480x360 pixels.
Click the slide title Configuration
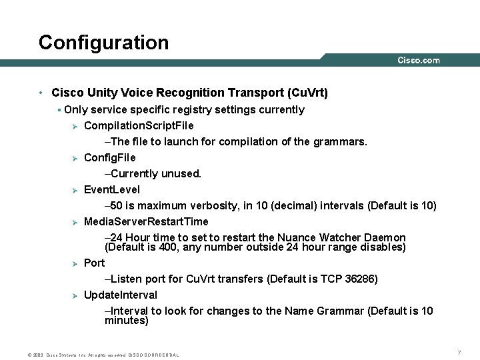tap(103, 43)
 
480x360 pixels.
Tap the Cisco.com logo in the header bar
tap(419, 60)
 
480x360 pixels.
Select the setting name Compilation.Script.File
tap(139, 125)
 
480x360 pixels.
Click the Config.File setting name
tap(109, 157)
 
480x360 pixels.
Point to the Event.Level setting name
tap(112, 189)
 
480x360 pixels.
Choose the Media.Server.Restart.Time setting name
tap(146, 221)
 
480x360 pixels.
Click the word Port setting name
tap(94, 263)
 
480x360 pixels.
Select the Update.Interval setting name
tap(121, 295)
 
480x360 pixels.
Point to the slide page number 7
tap(459, 352)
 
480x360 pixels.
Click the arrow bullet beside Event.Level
tap(75, 190)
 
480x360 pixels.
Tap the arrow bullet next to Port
tap(75, 263)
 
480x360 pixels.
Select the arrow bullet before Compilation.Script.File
tap(75, 126)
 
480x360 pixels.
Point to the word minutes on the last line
tap(127, 321)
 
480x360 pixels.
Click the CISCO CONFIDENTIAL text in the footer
tap(153, 355)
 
